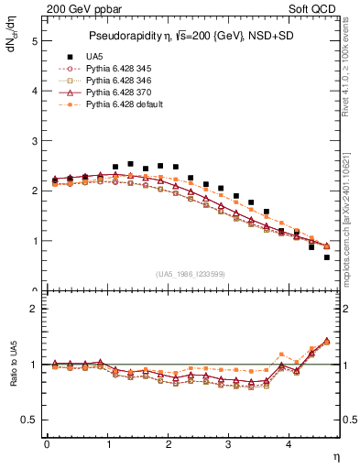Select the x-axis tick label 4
click(x=289, y=444)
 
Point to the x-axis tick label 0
click(x=47, y=444)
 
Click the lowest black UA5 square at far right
click(x=327, y=257)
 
